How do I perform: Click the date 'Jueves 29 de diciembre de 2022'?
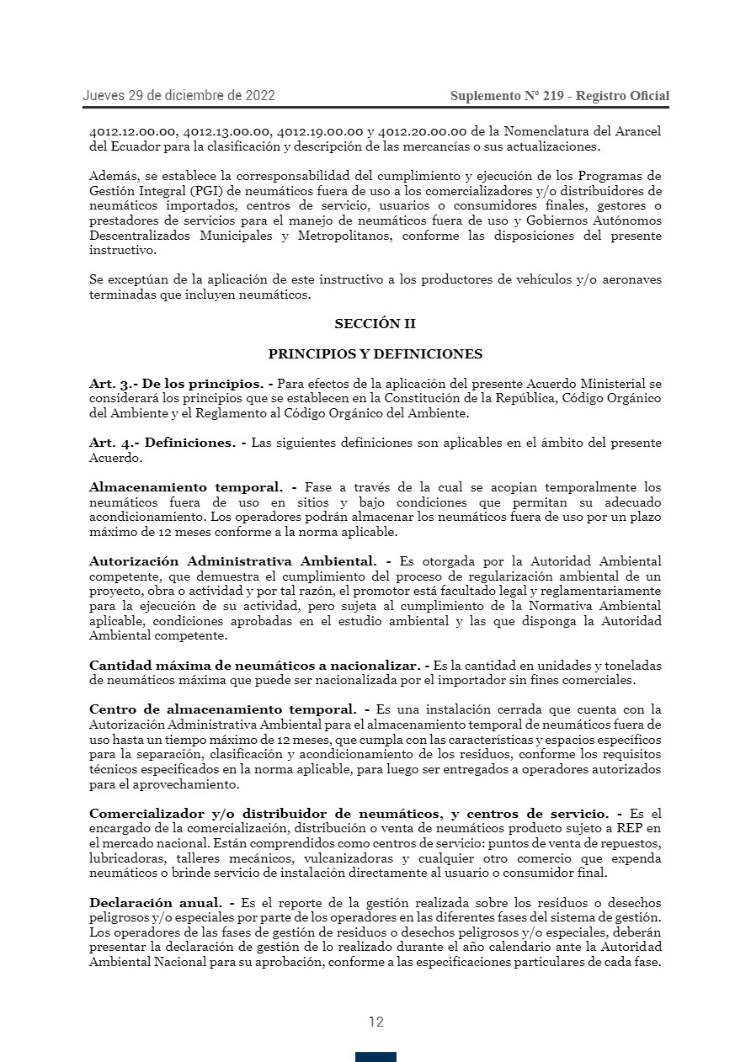pos(178,96)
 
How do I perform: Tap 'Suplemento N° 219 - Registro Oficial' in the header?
pos(559,96)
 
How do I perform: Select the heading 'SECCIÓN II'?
pos(375,324)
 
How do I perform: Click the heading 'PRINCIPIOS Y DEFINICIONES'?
pos(375,354)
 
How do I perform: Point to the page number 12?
pos(375,1022)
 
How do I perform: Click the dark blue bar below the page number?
pos(375,1057)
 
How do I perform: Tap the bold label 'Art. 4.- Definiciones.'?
pos(162,443)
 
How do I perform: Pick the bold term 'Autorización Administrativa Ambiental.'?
pos(233,560)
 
